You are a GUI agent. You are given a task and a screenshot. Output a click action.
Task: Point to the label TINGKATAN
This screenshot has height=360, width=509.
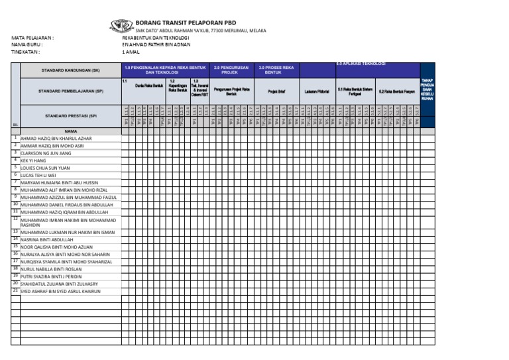click(25, 51)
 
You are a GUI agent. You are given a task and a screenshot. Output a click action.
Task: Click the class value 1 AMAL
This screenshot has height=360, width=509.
click(131, 51)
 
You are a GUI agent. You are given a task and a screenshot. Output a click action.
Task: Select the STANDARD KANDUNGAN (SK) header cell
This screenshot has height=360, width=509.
click(70, 70)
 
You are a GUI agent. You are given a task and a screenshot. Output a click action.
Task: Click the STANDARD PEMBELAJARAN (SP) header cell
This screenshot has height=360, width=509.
click(70, 91)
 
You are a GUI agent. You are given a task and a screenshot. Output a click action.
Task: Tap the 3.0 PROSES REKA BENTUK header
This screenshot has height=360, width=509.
click(276, 70)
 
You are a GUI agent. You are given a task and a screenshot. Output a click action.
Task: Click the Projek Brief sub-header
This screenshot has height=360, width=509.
click(276, 91)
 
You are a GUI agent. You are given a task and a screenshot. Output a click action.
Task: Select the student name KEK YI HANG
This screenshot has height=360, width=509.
click(34, 160)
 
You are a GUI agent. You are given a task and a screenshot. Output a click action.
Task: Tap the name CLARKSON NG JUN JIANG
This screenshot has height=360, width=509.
click(46, 153)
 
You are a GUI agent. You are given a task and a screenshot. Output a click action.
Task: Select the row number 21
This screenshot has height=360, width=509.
click(15, 290)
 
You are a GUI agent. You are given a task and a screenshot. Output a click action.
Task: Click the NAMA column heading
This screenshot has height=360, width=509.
click(70, 131)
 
